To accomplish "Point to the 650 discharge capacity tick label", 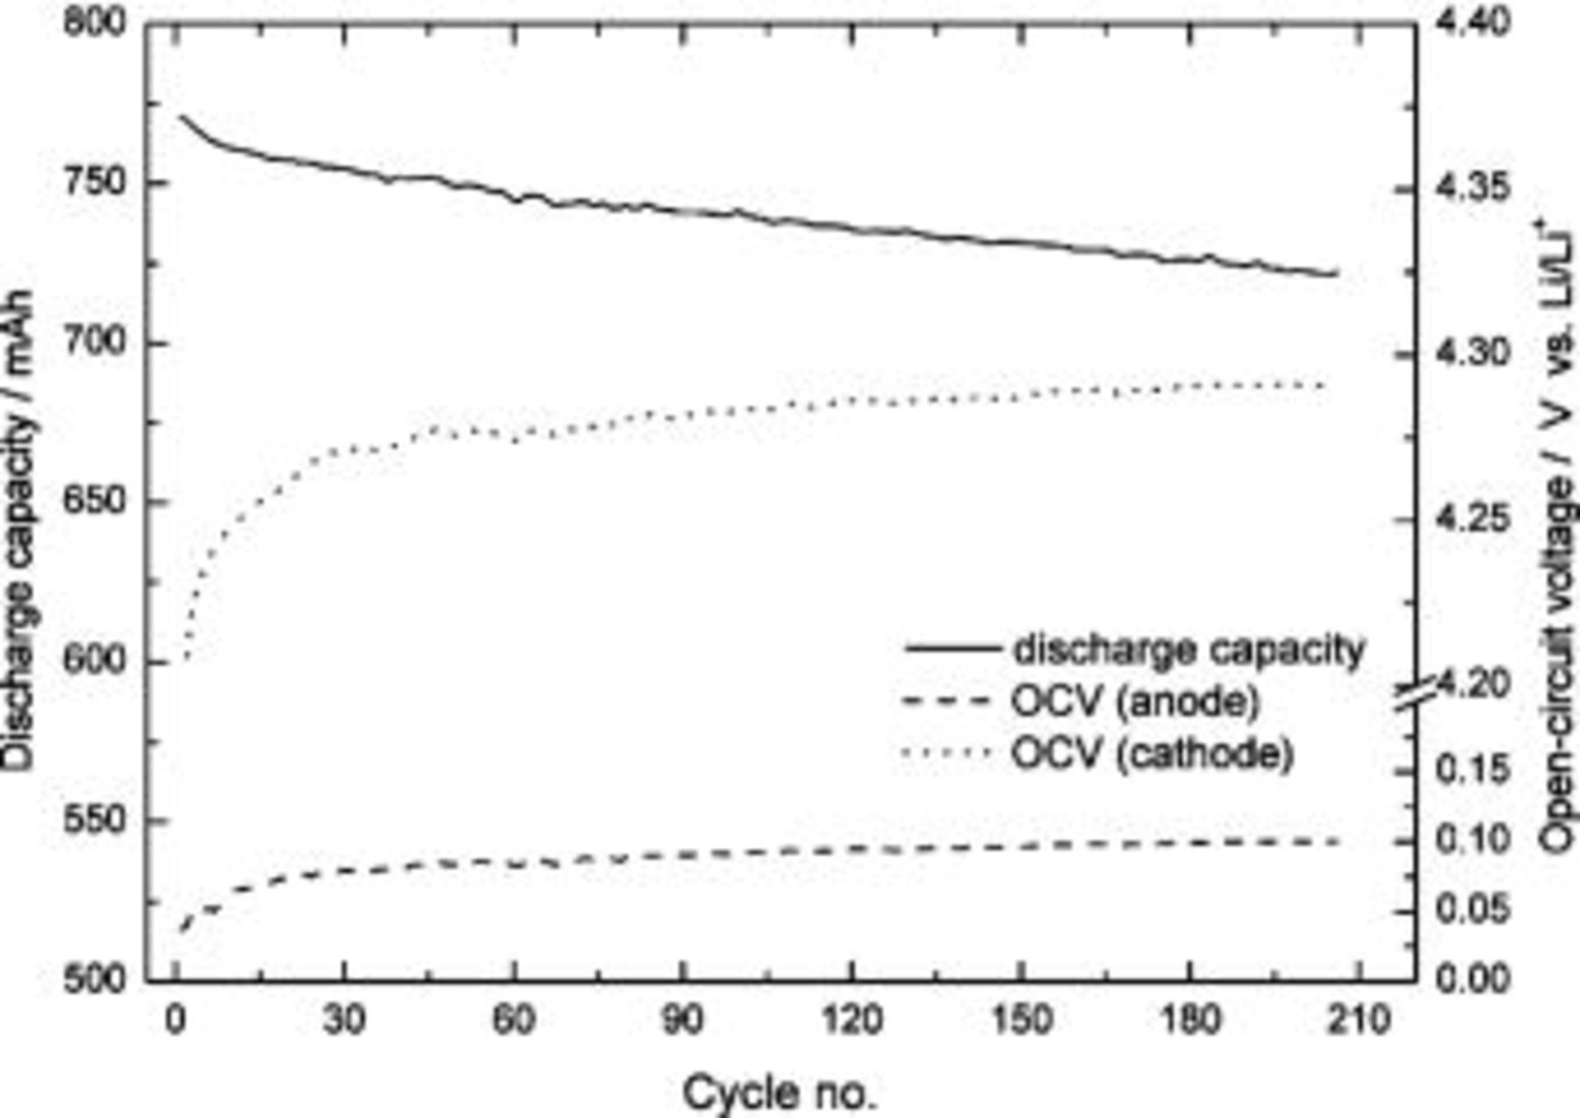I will coord(94,502).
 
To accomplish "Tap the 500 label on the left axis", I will coord(94,978).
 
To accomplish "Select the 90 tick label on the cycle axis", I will coord(682,1020).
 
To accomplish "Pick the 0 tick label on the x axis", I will coord(176,1020).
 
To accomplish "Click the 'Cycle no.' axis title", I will coord(779,1093).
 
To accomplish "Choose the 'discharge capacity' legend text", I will coord(1189,650).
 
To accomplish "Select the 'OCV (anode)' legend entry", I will coord(1136,701).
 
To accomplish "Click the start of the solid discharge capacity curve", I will coord(181,116).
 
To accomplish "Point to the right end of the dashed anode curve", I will coord(1339,842).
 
